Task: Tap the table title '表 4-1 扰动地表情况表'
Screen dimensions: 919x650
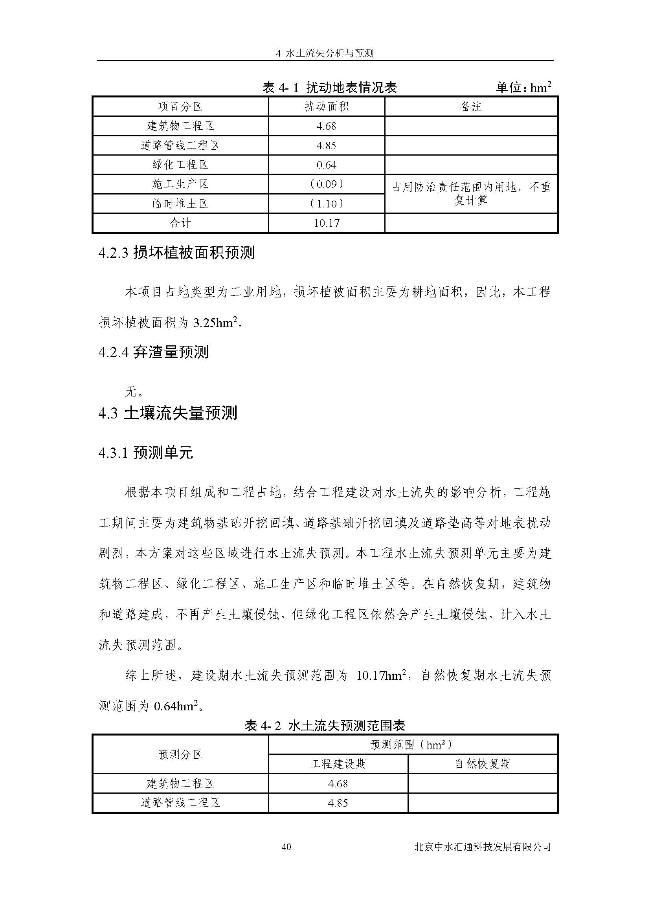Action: coord(329,87)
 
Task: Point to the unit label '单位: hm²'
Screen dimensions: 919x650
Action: coord(523,87)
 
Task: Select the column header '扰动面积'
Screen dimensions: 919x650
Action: coord(326,106)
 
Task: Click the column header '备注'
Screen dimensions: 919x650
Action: coord(471,106)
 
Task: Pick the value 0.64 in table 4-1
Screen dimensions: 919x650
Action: coord(326,165)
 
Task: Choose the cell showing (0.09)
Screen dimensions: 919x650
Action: coord(326,184)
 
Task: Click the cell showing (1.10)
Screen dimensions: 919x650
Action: coord(326,204)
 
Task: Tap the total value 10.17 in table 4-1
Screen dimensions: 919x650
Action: coord(326,223)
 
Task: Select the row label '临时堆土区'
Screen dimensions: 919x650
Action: coord(180,204)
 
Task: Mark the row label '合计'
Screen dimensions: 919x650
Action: coord(180,223)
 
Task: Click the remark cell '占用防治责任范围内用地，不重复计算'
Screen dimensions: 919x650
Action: coord(471,194)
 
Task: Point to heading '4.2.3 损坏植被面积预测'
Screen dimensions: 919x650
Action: coord(176,253)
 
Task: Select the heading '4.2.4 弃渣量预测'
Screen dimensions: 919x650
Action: coord(153,352)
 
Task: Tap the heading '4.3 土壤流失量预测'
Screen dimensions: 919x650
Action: coord(168,413)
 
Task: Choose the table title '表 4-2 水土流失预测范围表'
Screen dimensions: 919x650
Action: coord(325,725)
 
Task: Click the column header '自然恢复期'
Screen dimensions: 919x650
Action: coord(482,764)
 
